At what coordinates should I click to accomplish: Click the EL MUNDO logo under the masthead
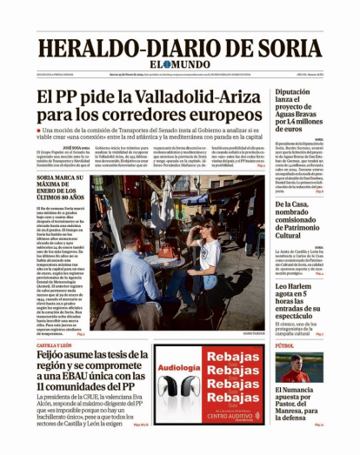(180, 66)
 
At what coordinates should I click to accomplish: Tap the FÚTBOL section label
(285, 346)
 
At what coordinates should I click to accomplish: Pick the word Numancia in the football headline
(303, 392)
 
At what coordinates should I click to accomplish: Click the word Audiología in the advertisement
(181, 367)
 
